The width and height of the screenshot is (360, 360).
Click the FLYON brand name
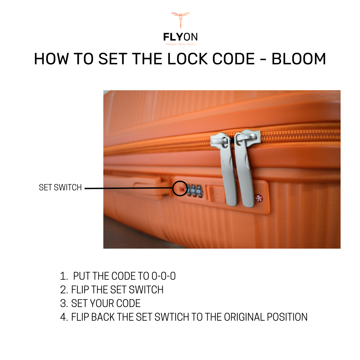(180, 37)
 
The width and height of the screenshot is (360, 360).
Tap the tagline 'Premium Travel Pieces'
(180, 44)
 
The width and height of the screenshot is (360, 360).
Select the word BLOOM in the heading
(299, 59)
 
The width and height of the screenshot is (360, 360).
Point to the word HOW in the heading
(51, 59)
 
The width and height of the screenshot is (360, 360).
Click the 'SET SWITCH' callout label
(60, 187)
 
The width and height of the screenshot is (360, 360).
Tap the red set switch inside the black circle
(182, 189)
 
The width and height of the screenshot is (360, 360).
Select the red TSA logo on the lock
(259, 198)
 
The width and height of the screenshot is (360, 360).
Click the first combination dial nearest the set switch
(189, 190)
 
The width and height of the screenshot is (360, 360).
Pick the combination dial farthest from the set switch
(199, 191)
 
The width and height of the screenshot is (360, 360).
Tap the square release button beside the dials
(217, 194)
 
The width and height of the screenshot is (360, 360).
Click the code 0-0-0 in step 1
(163, 276)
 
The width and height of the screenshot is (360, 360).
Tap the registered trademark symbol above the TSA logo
(260, 191)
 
